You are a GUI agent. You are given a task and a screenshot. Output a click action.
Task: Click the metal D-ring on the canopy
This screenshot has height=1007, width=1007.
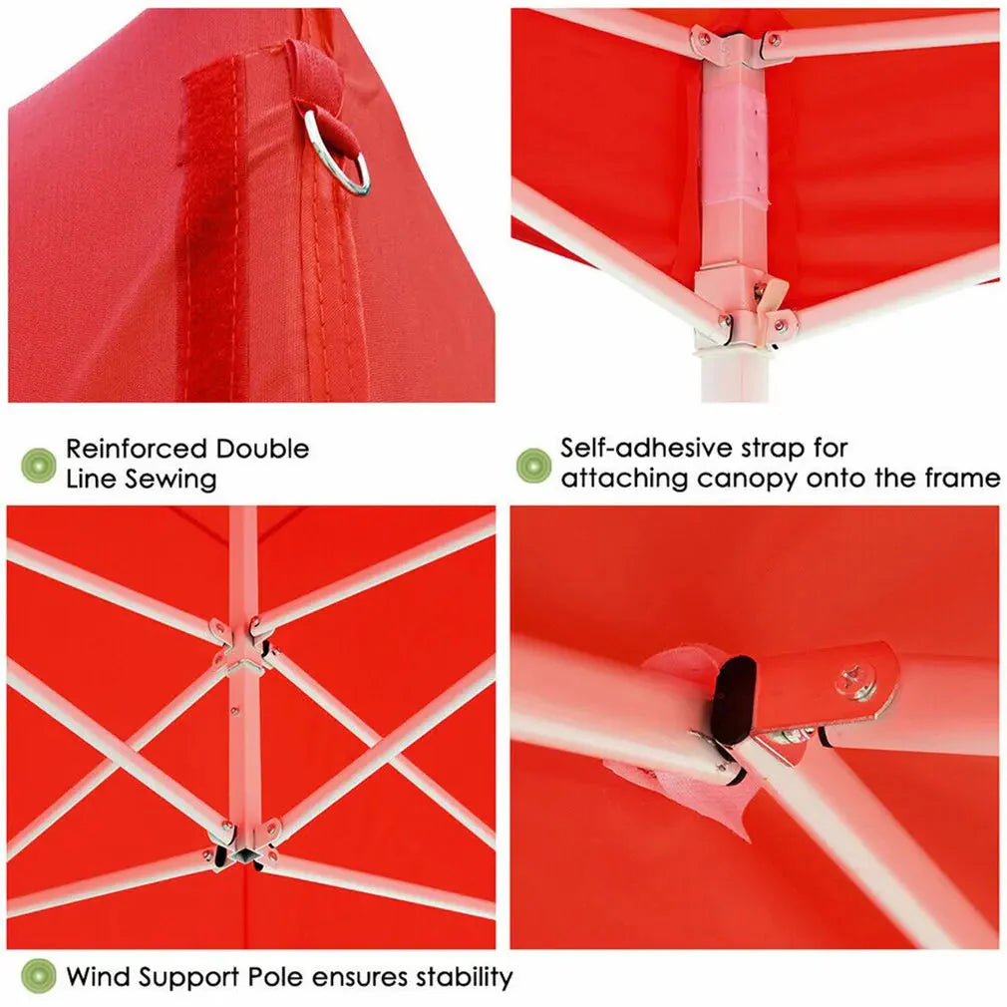pyautogui.click(x=337, y=155)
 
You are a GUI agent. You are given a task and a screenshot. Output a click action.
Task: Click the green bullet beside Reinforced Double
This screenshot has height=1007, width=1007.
pyautogui.click(x=39, y=465)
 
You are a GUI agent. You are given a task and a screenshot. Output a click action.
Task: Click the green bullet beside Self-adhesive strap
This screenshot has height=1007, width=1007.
pyautogui.click(x=533, y=465)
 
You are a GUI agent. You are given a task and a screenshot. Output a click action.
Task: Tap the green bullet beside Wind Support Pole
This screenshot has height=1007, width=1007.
pyautogui.click(x=39, y=976)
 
